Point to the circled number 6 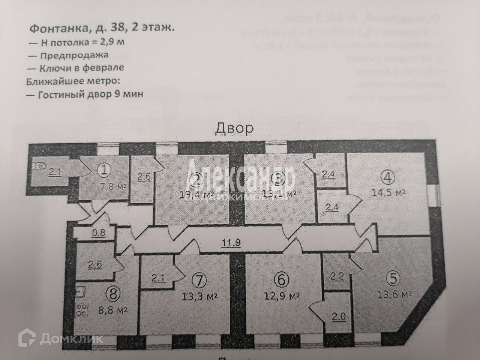[x=282, y=279]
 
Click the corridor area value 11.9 [x=231, y=243]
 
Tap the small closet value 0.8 [x=99, y=233]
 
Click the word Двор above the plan [x=234, y=129]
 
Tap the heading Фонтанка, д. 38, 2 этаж [x=101, y=28]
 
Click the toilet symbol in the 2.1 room [x=38, y=166]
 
